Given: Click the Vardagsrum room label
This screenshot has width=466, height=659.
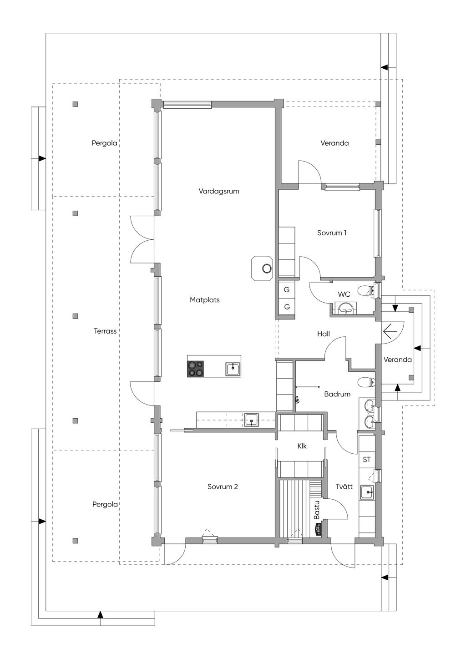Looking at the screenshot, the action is pyautogui.click(x=219, y=191).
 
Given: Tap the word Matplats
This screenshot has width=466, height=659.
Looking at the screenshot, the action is pyautogui.click(x=205, y=300).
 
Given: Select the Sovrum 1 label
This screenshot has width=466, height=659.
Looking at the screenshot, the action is pyautogui.click(x=332, y=233).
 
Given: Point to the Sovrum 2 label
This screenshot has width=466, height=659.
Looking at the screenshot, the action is pyautogui.click(x=223, y=487).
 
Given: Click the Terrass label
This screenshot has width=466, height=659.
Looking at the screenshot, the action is pyautogui.click(x=105, y=331).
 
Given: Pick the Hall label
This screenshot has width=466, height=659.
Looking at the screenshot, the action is pyautogui.click(x=323, y=334).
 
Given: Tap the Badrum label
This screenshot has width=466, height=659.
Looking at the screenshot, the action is pyautogui.click(x=337, y=394).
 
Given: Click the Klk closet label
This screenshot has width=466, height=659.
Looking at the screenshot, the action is pyautogui.click(x=302, y=446).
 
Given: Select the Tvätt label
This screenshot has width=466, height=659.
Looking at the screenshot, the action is pyautogui.click(x=344, y=487).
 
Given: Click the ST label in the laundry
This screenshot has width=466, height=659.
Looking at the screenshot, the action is pyautogui.click(x=366, y=459).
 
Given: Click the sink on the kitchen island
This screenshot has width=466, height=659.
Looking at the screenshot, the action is pyautogui.click(x=233, y=369).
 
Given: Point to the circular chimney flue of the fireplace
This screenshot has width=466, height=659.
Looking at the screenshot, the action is pyautogui.click(x=267, y=269).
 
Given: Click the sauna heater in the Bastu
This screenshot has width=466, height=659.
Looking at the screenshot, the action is pyautogui.click(x=318, y=529).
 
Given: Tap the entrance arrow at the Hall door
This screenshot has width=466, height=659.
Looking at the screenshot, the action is pyautogui.click(x=390, y=331).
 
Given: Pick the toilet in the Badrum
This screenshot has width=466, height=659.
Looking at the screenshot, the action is pyautogui.click(x=366, y=382).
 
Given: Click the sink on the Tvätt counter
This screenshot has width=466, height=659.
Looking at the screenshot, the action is pyautogui.click(x=366, y=492).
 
